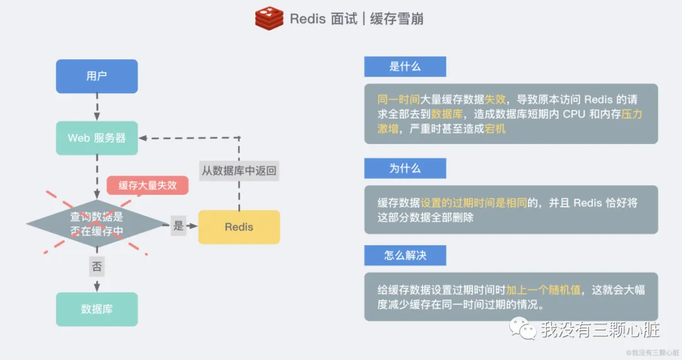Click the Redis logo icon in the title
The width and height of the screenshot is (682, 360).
pyautogui.click(x=269, y=18)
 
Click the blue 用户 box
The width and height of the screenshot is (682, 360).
pyautogui.click(x=97, y=76)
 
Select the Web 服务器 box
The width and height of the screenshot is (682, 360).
pyautogui.click(x=97, y=138)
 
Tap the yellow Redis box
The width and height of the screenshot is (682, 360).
pyautogui.click(x=239, y=227)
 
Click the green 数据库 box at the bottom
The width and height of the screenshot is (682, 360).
pyautogui.click(x=97, y=309)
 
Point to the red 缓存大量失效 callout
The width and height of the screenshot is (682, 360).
pyautogui.click(x=147, y=185)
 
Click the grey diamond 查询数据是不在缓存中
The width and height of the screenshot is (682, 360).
pyautogui.click(x=97, y=224)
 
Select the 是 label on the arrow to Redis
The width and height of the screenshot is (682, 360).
pyautogui.click(x=179, y=226)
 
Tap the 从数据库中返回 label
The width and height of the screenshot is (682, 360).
pyautogui.click(x=239, y=171)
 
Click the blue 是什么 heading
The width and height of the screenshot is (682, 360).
pyautogui.click(x=405, y=66)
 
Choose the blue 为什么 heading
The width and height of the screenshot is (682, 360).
pyautogui.click(x=405, y=169)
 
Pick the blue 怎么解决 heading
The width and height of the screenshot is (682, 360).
pyautogui.click(x=405, y=255)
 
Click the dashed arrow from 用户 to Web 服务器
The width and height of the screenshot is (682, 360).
pyautogui.click(x=97, y=107)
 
